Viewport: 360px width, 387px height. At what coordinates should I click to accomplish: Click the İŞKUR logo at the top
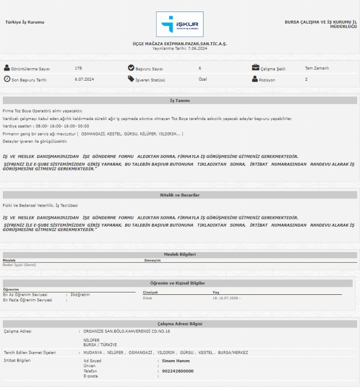coord(180,24)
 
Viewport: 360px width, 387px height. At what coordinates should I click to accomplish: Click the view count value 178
coord(78,68)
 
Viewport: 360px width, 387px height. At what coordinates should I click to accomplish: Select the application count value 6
coord(200,68)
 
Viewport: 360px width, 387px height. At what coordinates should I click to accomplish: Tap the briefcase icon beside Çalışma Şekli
coord(256,68)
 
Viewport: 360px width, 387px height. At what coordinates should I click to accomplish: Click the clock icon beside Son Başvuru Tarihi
coord(7,79)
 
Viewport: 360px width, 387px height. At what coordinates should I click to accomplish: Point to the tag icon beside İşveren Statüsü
coord(131,79)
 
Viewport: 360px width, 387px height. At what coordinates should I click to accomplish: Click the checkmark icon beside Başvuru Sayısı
coord(131,68)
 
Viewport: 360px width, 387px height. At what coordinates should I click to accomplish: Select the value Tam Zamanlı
coord(317,68)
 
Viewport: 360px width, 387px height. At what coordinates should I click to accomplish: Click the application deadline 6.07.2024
coord(84,79)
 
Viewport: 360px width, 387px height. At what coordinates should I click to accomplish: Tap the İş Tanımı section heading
coord(180,101)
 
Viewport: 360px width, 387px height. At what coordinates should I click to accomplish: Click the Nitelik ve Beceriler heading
coord(180,195)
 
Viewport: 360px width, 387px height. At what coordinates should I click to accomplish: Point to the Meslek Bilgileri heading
coord(180,254)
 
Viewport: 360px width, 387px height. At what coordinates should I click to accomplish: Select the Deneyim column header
coord(152,260)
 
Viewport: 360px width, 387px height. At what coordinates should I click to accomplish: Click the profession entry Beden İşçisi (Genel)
coord(19,265)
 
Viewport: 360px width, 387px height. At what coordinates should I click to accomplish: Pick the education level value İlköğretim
coord(80,294)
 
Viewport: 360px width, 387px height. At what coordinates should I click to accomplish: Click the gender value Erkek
coord(148,298)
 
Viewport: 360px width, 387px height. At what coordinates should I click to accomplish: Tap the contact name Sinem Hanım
coord(175,361)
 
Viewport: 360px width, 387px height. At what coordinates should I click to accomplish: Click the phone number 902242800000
coord(178,371)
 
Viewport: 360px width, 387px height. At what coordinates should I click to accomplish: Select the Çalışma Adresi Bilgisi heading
coord(180,324)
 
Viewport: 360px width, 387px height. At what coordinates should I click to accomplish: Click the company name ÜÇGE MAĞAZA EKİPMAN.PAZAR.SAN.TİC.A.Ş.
coord(180,44)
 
